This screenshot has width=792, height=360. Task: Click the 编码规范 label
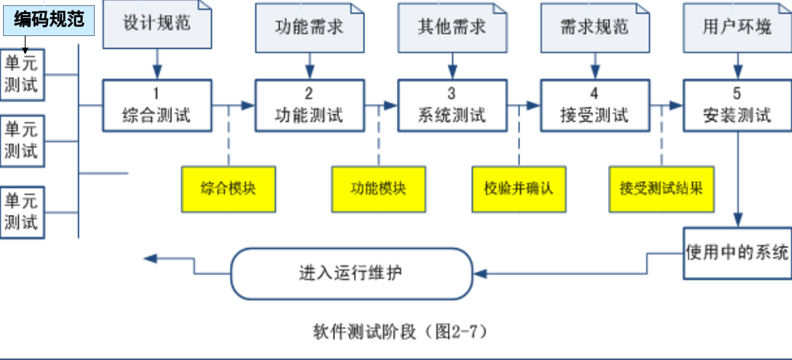(x=49, y=19)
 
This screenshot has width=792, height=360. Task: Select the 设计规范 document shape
(x=157, y=24)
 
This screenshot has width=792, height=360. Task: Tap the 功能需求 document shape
(x=309, y=26)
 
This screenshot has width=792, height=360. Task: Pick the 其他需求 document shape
(x=452, y=26)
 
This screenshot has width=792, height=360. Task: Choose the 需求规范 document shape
(x=594, y=26)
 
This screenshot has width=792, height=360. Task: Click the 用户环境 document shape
(x=736, y=26)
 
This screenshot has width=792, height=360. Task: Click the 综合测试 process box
(x=157, y=105)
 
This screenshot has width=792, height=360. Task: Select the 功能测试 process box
(x=309, y=105)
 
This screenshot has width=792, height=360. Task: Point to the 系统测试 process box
(x=452, y=105)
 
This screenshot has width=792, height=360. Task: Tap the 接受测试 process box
(x=594, y=105)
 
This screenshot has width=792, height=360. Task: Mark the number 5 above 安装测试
(x=736, y=94)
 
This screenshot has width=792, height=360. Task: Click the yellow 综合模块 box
(x=228, y=188)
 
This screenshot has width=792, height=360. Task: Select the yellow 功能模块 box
(x=378, y=188)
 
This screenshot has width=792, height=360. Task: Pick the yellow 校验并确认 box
(x=518, y=188)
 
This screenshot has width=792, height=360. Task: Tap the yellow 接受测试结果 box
(x=661, y=188)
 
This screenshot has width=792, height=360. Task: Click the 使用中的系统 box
(x=737, y=252)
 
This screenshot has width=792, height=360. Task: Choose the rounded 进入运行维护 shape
(x=351, y=272)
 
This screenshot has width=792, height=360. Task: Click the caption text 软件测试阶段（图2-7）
(x=395, y=331)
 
